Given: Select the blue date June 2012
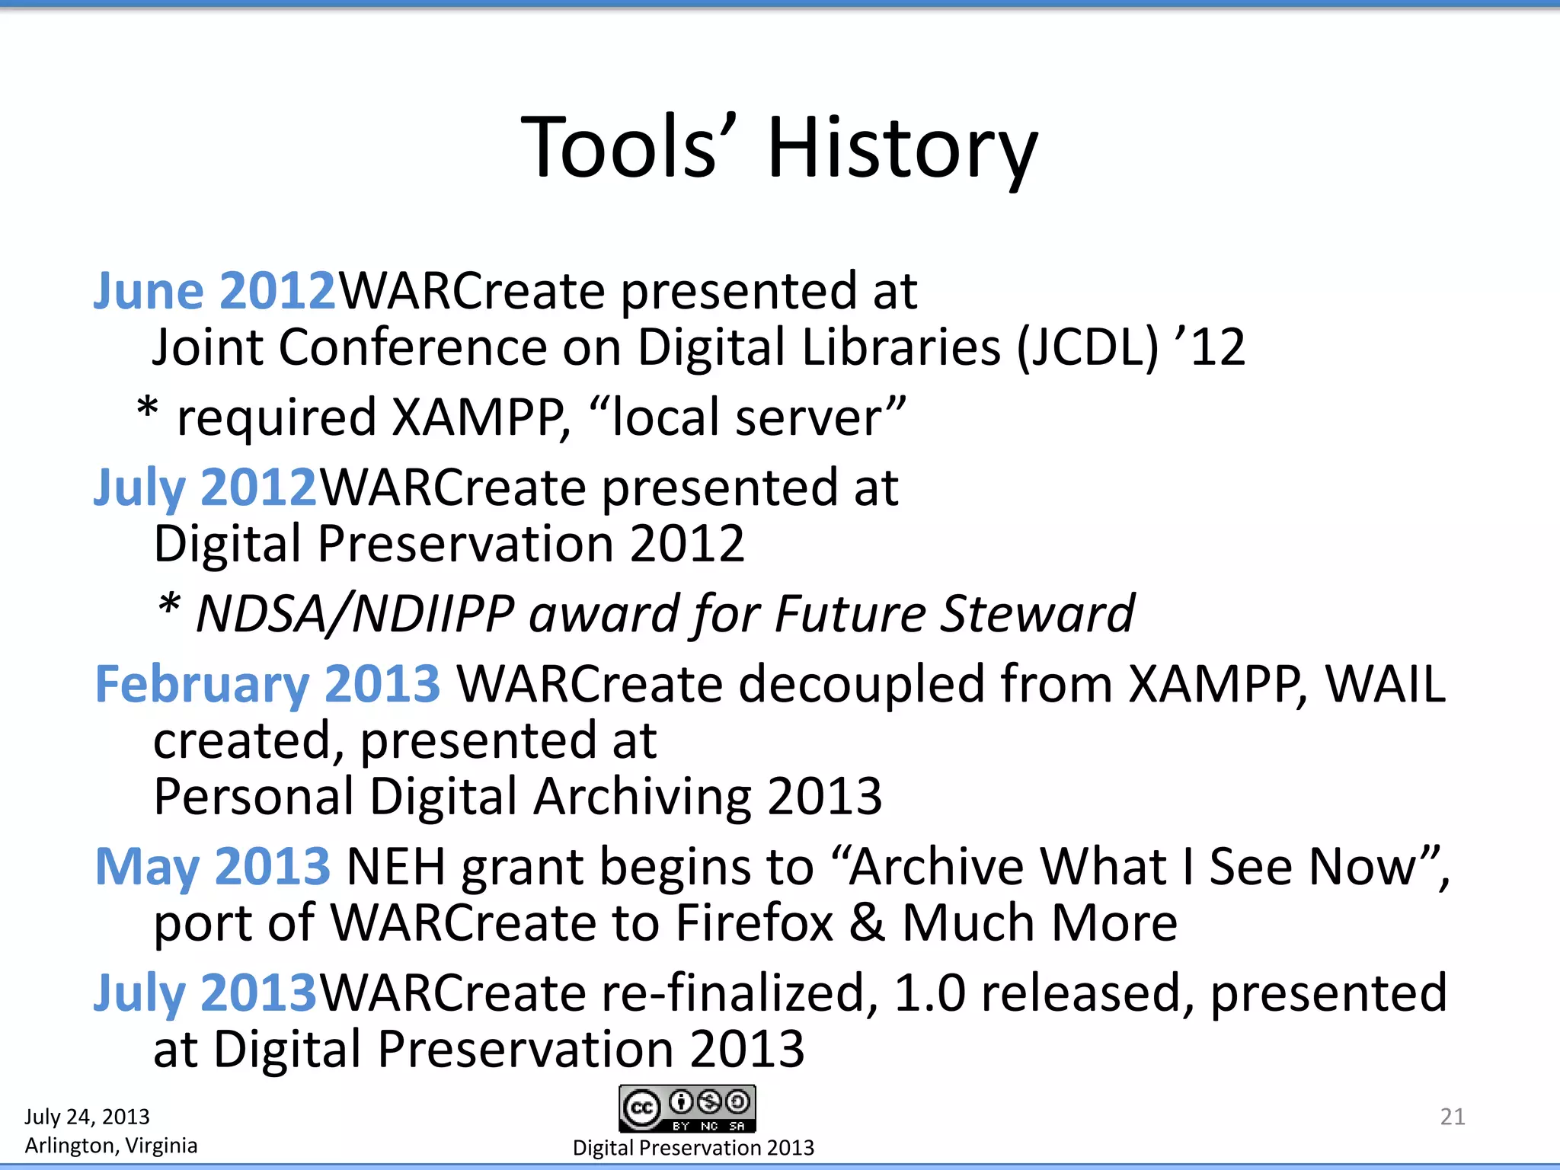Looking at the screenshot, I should [x=214, y=291].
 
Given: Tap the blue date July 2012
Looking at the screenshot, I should [x=204, y=487].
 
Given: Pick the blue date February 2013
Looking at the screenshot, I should [x=267, y=684].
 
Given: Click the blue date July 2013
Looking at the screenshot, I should [x=204, y=993].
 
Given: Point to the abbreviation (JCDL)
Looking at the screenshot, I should [x=1088, y=348].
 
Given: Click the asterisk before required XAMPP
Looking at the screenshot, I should [x=147, y=411].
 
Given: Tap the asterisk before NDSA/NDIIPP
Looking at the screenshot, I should [x=169, y=608].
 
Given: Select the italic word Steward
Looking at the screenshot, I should [x=1037, y=614].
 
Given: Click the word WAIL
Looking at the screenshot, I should [x=1385, y=684].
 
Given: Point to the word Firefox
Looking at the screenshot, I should [x=754, y=923].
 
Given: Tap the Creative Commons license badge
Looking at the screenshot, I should [x=687, y=1109].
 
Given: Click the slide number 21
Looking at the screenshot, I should [x=1452, y=1117].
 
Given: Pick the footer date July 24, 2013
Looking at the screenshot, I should [x=87, y=1117].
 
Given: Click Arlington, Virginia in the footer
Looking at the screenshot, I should [x=111, y=1146].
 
